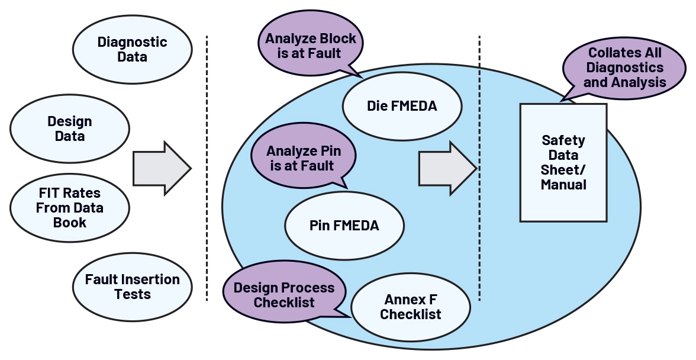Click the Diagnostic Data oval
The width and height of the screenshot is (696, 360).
coord(132,50)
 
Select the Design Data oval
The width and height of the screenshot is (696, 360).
coord(70,128)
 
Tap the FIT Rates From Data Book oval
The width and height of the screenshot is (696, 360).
coord(70,208)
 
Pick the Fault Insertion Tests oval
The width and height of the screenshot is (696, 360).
coord(132,287)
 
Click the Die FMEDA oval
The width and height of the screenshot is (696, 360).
coord(402,107)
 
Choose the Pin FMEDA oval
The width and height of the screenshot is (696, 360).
coord(344,226)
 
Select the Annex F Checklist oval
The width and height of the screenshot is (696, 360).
coord(410,307)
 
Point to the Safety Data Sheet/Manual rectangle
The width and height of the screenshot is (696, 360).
coord(563,163)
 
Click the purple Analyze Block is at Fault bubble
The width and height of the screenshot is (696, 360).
coord(311,46)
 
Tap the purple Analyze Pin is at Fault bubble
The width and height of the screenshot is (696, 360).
coord(304,158)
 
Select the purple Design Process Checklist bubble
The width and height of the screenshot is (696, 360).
coord(283,295)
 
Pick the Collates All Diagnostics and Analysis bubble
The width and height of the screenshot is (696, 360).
coord(624,67)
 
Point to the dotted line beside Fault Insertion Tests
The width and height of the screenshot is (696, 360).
coord(207,278)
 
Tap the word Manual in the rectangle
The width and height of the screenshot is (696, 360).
coord(563,185)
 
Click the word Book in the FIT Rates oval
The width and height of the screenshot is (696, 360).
coord(70,223)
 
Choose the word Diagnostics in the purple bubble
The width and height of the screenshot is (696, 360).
coord(625,67)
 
